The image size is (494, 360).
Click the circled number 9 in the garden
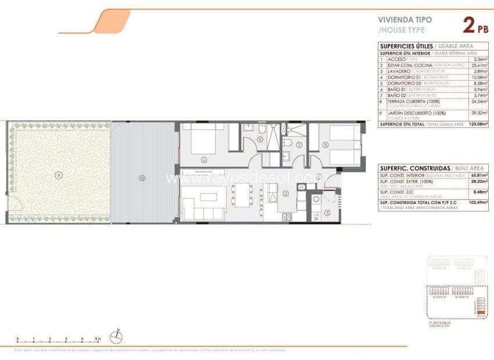coord(58,174)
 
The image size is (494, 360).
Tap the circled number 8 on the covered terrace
coord(142,178)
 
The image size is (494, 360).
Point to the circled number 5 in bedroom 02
coord(326,145)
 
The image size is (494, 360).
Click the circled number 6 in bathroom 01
coord(260,139)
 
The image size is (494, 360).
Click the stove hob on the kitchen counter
coord(287,217)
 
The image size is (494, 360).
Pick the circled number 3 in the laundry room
coord(327,213)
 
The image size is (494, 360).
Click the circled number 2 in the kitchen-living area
coord(285,193)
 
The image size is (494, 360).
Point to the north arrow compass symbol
coord(118,333)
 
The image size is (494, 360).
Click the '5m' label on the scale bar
coord(98,339)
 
